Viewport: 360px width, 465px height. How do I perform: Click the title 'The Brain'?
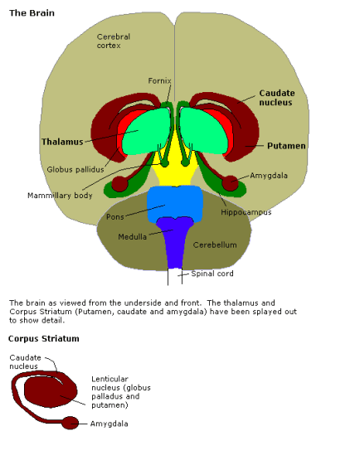tap(32, 14)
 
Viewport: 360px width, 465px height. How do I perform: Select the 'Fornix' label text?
tap(159, 80)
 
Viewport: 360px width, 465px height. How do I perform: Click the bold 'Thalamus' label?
tap(63, 142)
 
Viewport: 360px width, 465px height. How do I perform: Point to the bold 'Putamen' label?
tap(286, 145)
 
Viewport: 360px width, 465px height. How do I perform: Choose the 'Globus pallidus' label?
tap(75, 170)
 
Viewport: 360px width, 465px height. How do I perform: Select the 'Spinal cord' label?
tap(212, 273)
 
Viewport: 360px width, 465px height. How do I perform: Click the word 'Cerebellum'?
tap(215, 245)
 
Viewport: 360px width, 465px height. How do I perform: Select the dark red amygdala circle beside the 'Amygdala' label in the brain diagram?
tap(231, 182)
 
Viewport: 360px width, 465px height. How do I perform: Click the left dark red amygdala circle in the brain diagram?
tap(120, 183)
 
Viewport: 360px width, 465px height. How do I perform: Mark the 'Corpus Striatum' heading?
tap(43, 338)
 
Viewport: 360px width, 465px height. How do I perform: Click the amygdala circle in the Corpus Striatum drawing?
tap(71, 423)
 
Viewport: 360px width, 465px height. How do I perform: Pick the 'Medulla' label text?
tap(132, 236)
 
